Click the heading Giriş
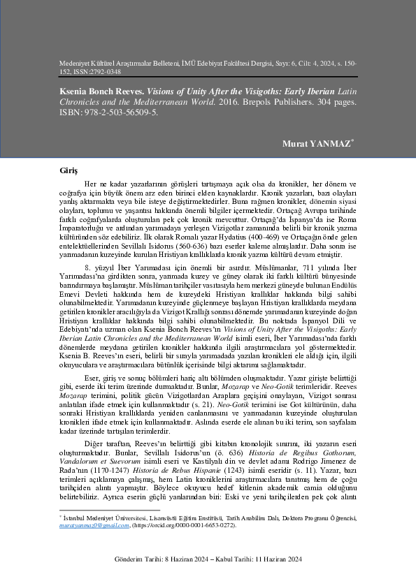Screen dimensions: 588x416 [70, 170]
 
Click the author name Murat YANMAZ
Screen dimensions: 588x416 [317, 145]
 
